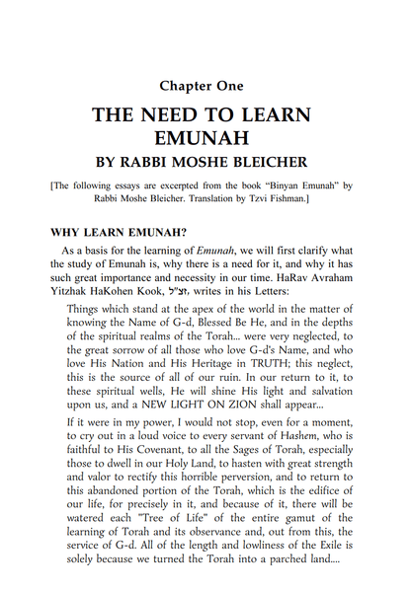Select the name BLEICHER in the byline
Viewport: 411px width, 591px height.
[267, 161]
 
